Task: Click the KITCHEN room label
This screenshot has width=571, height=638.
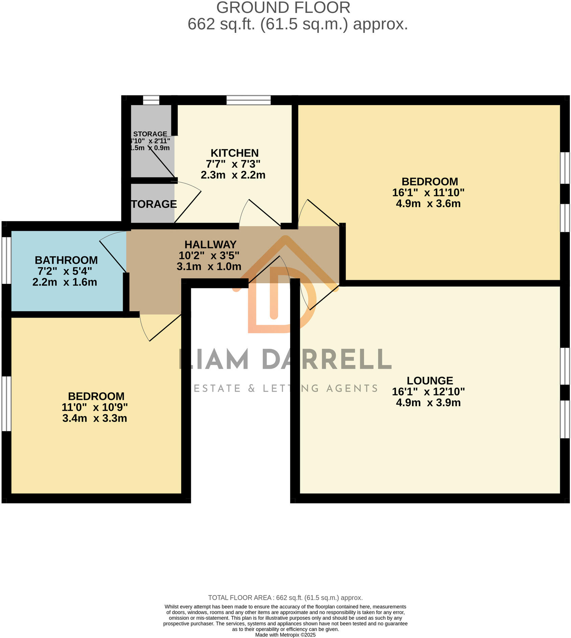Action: coord(235,153)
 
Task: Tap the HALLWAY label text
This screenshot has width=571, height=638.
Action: coord(210,244)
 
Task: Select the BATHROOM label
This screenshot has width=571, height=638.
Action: coord(66,260)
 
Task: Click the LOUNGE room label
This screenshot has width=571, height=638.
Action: coord(430,381)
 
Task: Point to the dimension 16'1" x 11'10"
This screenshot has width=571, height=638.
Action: coord(428,193)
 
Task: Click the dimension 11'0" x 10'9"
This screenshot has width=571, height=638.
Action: coord(95,407)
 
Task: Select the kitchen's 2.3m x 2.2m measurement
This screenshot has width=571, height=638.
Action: coord(233,175)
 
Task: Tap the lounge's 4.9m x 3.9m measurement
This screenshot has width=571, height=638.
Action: coord(428,403)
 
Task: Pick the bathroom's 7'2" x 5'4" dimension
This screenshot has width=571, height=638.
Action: coord(65,271)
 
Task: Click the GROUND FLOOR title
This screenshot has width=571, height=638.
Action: coord(283,8)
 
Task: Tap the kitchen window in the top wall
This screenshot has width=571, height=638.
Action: coord(248,100)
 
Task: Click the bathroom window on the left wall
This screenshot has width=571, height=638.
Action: coord(6,260)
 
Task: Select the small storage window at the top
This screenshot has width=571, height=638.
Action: coord(151,100)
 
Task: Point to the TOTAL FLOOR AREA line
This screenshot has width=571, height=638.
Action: coord(285,598)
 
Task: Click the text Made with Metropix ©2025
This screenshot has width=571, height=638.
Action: coord(285,635)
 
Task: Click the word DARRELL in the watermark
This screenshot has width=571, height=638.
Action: coord(327,360)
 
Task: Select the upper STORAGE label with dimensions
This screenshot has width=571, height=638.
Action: coord(150,134)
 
